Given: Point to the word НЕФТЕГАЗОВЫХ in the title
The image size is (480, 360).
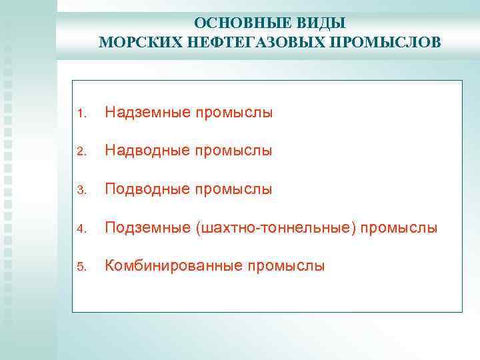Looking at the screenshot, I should [x=251, y=43].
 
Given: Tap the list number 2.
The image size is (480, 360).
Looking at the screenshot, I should [x=80, y=152].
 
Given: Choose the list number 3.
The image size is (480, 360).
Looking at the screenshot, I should [x=80, y=191].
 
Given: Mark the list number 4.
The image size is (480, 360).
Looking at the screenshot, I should [x=80, y=229].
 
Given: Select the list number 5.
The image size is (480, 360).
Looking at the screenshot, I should [x=80, y=267].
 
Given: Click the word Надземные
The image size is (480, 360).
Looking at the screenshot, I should [x=147, y=113].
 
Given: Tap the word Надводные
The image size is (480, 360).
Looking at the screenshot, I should [x=147, y=151].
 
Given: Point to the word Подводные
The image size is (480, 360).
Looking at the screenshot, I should [x=147, y=189].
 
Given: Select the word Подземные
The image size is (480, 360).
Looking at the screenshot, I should [x=147, y=228].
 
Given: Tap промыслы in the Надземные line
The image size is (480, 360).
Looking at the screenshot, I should [x=234, y=113].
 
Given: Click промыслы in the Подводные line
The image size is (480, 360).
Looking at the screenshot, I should [x=234, y=189].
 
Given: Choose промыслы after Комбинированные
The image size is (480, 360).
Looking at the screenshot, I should [x=287, y=266].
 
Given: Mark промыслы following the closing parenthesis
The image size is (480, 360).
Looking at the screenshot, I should [x=399, y=228].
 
